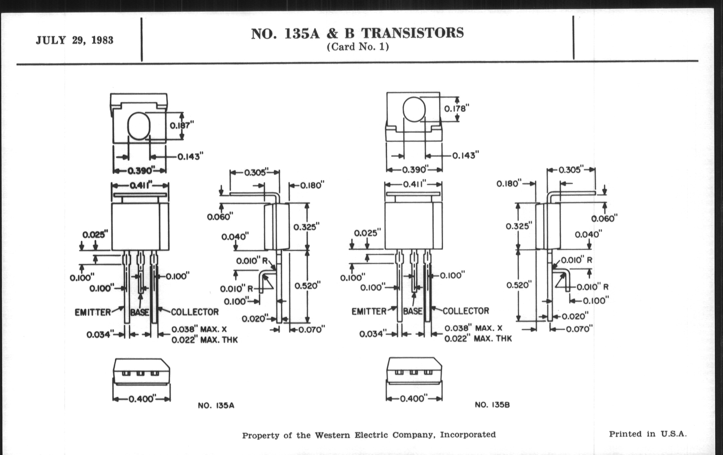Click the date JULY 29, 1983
tap(74, 40)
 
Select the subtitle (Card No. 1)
tap(358, 47)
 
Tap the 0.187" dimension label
tap(182, 125)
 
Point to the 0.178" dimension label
tap(456, 109)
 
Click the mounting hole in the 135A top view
tap(139, 126)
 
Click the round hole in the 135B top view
tap(414, 109)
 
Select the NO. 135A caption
tap(216, 405)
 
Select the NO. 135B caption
tap(492, 405)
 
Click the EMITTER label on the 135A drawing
tap(93, 313)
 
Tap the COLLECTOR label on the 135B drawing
tap(466, 311)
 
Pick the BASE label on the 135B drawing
tap(413, 311)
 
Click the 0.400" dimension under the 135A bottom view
tap(142, 399)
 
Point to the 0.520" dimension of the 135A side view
tap(307, 285)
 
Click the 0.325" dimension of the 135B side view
tap(518, 226)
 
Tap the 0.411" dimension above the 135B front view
tap(415, 184)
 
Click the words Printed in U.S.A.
tap(647, 434)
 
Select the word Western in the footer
tap(332, 435)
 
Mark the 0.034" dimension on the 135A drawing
tap(100, 334)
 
